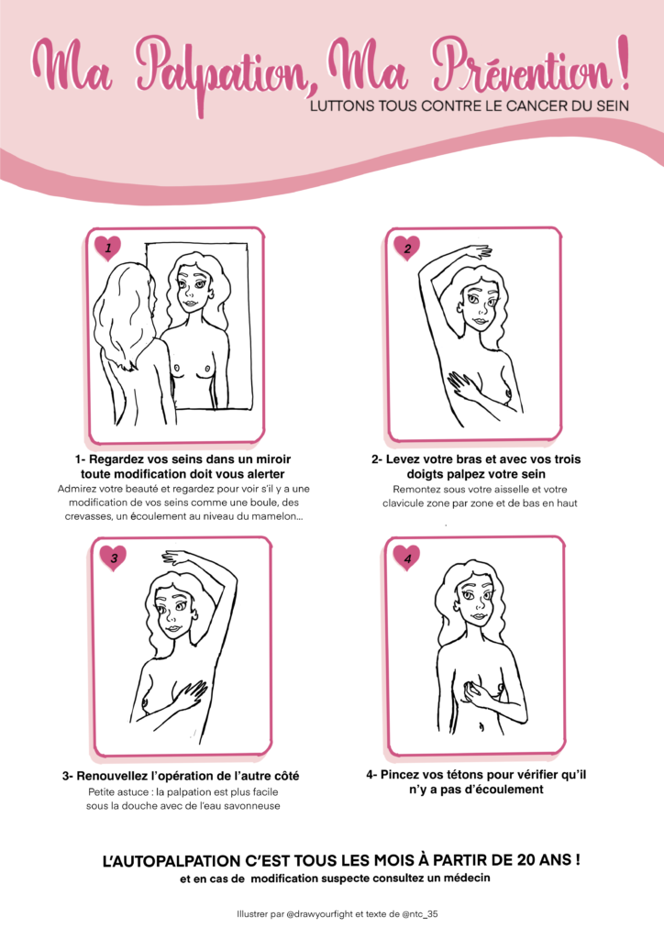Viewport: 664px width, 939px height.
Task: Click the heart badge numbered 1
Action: click(108, 248)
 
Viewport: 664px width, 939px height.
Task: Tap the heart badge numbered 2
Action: click(406, 248)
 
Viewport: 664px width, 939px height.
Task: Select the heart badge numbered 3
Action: click(113, 558)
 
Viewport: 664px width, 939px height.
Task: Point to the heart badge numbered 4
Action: click(406, 558)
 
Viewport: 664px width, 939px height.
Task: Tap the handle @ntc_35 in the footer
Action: click(420, 914)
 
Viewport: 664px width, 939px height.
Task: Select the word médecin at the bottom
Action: click(469, 878)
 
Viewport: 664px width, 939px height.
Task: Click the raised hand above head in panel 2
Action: click(476, 252)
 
